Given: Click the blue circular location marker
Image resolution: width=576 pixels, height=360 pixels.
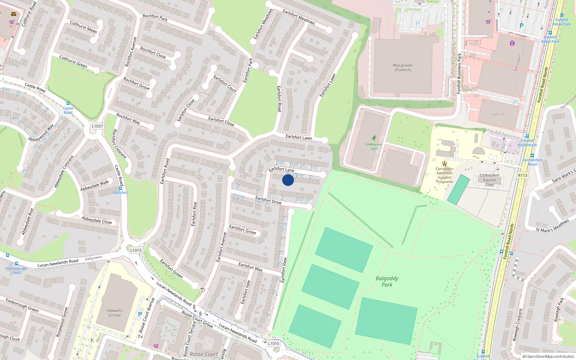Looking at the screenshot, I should [x=288, y=180].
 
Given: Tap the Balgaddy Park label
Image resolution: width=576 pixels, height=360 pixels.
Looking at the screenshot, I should [x=387, y=281].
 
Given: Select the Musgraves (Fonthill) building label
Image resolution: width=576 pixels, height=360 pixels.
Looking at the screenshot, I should [x=403, y=68].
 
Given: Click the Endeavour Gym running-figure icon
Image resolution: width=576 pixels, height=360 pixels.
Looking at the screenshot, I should [x=374, y=138].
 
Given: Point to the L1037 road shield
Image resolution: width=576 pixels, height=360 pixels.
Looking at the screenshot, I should [x=97, y=126].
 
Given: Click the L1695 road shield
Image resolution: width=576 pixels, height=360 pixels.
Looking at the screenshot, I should [x=136, y=250].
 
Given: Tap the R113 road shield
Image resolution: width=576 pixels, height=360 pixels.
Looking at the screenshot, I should [x=522, y=175].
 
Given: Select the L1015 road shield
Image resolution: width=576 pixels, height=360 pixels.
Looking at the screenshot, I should [x=273, y=343].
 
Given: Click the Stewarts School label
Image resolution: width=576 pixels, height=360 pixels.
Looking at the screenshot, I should [x=114, y=313].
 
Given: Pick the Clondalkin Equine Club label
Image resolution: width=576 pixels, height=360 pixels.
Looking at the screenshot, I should [x=489, y=180].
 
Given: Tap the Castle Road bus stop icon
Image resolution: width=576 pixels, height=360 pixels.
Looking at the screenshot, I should [x=68, y=103].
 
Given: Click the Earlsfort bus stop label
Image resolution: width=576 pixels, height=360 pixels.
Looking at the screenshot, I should [x=120, y=193].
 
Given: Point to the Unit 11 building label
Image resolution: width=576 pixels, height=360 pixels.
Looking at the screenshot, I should [x=498, y=114].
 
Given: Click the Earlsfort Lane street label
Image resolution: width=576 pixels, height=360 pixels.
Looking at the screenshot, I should [x=282, y=169].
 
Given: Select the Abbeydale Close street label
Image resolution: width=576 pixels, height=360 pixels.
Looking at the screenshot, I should [x=96, y=220].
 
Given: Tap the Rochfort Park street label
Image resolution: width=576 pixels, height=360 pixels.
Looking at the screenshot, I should [x=155, y=17].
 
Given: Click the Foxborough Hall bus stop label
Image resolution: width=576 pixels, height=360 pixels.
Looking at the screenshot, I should [x=16, y=270].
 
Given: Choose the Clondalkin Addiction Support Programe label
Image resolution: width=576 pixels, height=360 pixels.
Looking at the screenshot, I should [x=444, y=175].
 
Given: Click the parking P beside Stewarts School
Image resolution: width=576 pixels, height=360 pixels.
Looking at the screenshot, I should [x=140, y=314].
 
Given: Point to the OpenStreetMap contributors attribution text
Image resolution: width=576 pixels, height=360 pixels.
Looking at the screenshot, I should [x=548, y=356].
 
